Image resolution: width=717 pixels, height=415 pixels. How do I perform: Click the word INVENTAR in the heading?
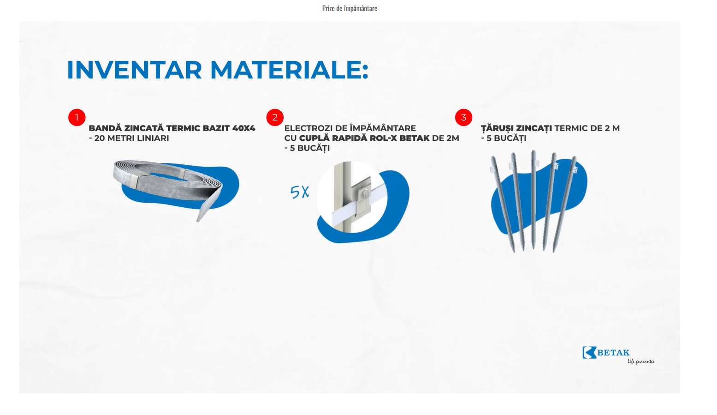(x=134, y=70)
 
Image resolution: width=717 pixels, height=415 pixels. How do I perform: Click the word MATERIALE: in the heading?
(x=289, y=70)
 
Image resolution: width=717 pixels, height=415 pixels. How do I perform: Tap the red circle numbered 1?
(x=77, y=117)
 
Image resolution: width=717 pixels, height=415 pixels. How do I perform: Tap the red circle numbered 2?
(x=275, y=117)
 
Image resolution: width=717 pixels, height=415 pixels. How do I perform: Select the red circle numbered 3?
(x=463, y=117)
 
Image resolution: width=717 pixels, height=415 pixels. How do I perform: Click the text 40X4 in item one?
(x=243, y=128)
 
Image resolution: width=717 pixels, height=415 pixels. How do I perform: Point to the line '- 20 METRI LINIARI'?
(x=129, y=138)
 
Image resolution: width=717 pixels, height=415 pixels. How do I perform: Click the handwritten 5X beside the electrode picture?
(x=300, y=192)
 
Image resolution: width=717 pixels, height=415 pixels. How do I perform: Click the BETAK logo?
(x=606, y=353)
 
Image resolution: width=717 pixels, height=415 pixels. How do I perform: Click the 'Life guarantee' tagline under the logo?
(x=641, y=361)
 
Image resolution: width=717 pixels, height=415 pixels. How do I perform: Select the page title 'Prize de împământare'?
(x=350, y=8)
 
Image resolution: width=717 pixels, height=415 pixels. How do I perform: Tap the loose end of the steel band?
(x=203, y=212)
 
